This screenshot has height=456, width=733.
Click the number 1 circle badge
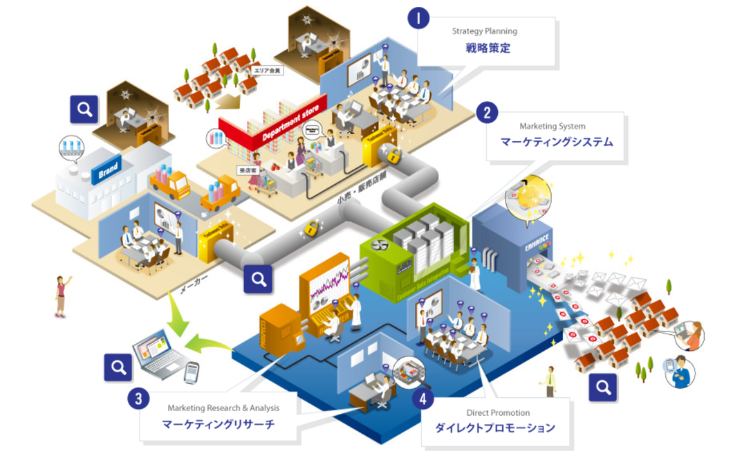coord(418,18)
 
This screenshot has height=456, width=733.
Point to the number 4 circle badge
coord(423,399)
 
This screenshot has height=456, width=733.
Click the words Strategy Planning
coord(484,31)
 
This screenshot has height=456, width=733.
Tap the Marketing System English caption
coord(553,127)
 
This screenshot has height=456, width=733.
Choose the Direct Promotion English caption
coord(494,413)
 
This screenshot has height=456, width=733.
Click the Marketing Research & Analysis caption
coord(223,408)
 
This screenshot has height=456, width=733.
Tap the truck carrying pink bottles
coord(169,182)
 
